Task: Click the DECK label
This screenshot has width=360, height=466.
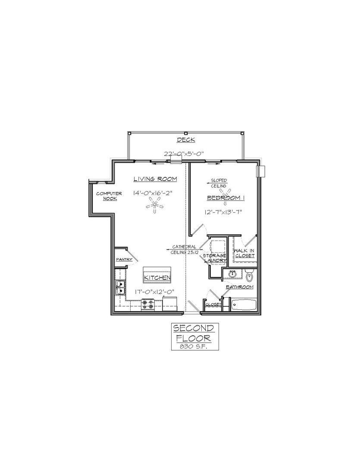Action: [x=186, y=140]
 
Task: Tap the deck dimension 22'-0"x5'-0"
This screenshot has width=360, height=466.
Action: [x=184, y=154]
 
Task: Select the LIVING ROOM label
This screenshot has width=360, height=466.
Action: [x=155, y=179]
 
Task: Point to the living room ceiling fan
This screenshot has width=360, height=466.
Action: [x=154, y=205]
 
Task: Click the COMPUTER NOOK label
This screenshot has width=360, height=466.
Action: [x=109, y=196]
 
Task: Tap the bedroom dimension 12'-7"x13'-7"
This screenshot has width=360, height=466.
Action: [x=224, y=212]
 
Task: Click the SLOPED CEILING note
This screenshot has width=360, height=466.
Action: [x=219, y=183]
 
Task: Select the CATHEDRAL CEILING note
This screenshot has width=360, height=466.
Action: [x=184, y=249]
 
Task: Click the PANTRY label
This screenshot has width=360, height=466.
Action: [x=124, y=259]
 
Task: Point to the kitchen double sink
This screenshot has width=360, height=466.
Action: [x=120, y=287]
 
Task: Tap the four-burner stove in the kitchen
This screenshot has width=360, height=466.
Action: [x=147, y=305]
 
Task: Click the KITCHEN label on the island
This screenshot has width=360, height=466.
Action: [x=157, y=278]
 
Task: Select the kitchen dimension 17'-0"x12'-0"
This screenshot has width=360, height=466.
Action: [x=154, y=292]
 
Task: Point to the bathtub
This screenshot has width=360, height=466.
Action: [x=244, y=305]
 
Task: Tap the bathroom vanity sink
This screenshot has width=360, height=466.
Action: [x=233, y=273]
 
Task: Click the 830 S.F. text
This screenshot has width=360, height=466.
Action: [x=194, y=346]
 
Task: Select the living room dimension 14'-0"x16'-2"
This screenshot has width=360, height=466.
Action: [x=153, y=193]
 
